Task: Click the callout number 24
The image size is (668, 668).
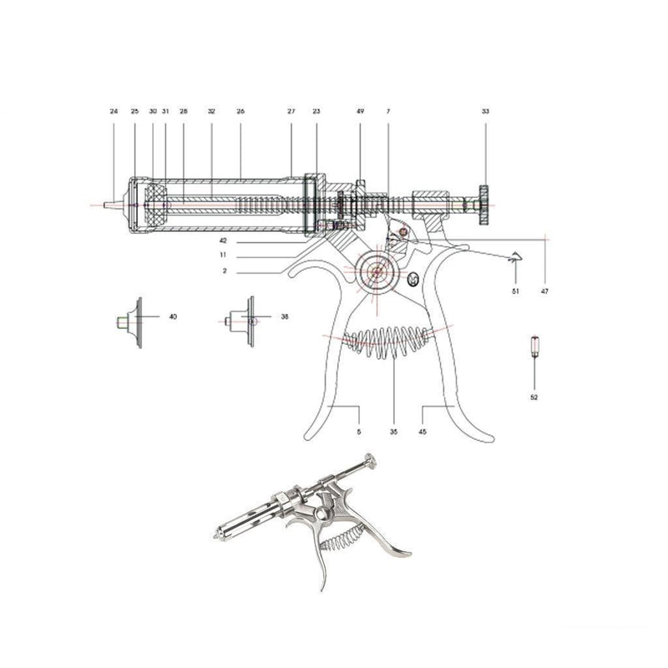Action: pos(114,111)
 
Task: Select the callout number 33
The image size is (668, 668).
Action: pos(485,111)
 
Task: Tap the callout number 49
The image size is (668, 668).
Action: pos(361,111)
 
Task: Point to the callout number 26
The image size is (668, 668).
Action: pos(240,111)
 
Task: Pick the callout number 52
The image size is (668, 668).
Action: pos(534,397)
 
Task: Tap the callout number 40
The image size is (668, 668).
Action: pos(173,317)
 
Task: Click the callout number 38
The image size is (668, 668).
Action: pos(285,317)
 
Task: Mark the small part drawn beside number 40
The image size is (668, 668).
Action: pos(132,319)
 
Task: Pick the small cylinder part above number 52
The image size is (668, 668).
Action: pos(534,347)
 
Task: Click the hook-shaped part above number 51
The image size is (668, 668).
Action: pos(515,260)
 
